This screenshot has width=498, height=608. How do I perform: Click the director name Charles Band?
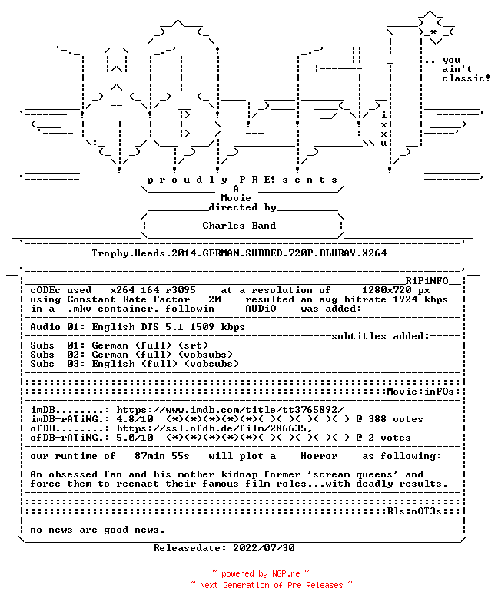[239, 226]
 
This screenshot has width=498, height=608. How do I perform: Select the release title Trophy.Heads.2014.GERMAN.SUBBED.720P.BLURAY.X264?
[239, 253]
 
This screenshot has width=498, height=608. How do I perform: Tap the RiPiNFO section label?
[427, 281]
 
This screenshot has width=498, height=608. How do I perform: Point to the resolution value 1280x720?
[387, 290]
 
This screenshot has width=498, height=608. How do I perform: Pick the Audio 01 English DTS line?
[138, 327]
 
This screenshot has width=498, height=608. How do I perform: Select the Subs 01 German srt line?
[119, 345]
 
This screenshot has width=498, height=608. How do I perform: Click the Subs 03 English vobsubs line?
[134, 364]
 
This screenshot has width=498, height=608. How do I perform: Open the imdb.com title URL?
[230, 410]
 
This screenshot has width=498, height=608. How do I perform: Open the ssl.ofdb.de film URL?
[214, 428]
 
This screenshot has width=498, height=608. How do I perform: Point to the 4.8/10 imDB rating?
[134, 419]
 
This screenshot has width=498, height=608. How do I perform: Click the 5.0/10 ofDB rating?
[134, 438]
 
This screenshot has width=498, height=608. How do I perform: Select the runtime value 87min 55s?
[162, 456]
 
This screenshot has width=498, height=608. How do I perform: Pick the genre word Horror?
[319, 456]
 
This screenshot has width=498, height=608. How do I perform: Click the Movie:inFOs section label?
[420, 392]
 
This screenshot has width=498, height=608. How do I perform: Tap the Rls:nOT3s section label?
[414, 511]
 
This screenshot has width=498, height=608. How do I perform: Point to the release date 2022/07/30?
[264, 548]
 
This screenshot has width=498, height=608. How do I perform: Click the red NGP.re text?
[286, 573]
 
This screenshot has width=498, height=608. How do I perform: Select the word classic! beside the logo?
[466, 78]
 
